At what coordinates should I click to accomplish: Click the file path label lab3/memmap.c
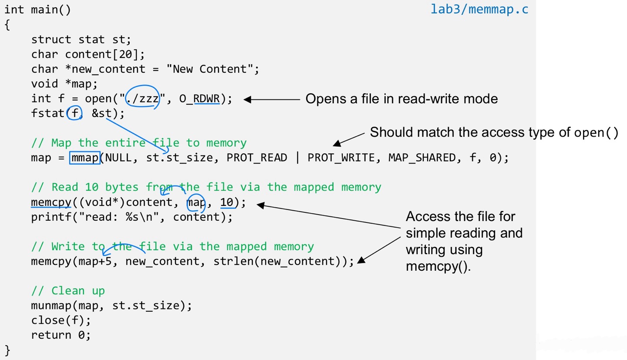(479, 9)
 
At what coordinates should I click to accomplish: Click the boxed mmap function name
(84, 158)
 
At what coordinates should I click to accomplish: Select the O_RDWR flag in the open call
(206, 99)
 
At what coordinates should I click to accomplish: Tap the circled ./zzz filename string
(142, 99)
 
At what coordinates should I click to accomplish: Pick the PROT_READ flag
(257, 158)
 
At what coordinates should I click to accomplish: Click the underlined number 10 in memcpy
(227, 202)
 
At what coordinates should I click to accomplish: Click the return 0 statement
(61, 335)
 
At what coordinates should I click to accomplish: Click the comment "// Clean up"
(68, 290)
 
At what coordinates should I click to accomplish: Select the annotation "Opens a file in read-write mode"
(401, 99)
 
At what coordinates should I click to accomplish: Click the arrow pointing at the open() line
(272, 99)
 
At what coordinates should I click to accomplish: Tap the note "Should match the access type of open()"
(494, 132)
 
